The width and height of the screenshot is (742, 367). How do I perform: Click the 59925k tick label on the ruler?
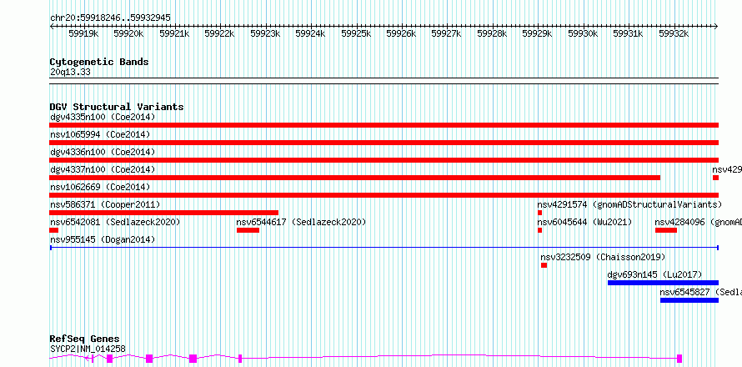pos(356,33)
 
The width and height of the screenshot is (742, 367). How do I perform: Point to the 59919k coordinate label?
pos(83,33)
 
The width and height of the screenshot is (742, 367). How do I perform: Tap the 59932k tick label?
pos(674,33)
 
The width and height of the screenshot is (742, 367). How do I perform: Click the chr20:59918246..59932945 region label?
pos(110,18)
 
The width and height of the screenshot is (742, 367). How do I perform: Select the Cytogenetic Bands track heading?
pos(99,62)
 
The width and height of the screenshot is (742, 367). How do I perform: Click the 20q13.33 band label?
pos(70,73)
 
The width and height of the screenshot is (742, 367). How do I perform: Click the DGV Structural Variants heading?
pos(117,107)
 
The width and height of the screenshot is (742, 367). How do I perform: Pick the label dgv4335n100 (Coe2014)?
pos(103,117)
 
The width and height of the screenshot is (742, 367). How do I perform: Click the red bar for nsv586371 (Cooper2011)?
pos(163,213)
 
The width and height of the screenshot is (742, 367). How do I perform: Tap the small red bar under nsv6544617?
pos(248,230)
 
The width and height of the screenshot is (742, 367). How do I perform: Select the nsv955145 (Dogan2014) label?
pos(103,239)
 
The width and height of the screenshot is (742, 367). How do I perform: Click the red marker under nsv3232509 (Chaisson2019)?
pos(544,265)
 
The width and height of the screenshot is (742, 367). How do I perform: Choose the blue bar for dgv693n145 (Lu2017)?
pos(663,283)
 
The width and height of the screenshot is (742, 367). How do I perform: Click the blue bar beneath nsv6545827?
pos(689,300)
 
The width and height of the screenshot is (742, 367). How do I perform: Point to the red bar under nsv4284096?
pos(666,230)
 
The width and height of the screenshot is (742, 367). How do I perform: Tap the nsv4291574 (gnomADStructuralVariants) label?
pos(629,204)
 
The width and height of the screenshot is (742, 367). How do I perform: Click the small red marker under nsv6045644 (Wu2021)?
pos(540,230)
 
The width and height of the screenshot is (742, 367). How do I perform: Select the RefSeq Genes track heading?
pos(85,339)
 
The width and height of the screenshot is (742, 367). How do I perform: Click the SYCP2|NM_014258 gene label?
pos(88,349)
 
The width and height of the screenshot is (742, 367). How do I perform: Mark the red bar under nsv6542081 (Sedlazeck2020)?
pos(54,230)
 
